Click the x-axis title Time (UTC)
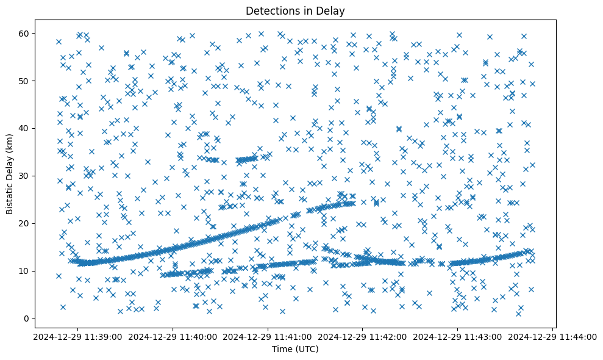294,349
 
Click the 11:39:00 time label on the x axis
77,336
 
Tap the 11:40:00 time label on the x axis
173,336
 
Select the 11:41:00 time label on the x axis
268,336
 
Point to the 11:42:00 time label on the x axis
363,336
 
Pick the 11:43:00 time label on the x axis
458,336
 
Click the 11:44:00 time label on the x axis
553,336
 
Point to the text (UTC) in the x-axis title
307,349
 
